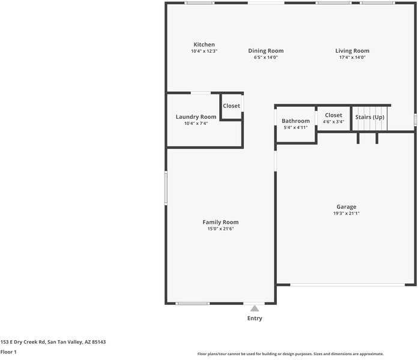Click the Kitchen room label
click(204, 44)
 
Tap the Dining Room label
click(265, 51)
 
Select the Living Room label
click(352, 51)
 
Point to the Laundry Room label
click(196, 117)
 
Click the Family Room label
click(220, 222)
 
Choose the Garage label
click(346, 206)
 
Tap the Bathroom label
click(295, 121)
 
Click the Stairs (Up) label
click(370, 117)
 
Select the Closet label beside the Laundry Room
click(231, 106)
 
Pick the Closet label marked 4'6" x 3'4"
click(333, 115)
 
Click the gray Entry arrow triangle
click(255, 308)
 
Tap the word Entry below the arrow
click(255, 319)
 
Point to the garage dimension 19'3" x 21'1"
click(346, 213)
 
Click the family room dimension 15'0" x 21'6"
click(220, 229)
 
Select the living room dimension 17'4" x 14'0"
click(352, 58)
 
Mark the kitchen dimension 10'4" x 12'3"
click(204, 51)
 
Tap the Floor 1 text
click(8, 352)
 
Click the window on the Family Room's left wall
click(166, 188)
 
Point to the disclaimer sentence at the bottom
click(291, 354)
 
